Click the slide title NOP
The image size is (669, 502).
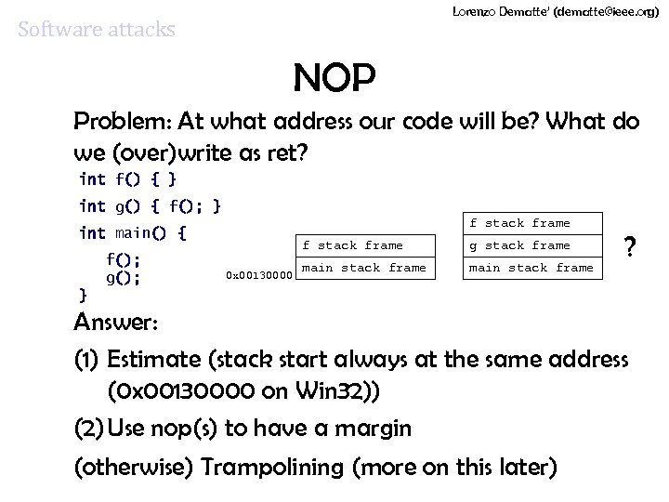334,80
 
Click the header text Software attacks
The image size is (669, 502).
97,30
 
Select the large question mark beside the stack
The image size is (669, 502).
630,248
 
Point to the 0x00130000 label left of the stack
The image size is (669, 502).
260,274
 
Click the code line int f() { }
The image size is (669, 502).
128,178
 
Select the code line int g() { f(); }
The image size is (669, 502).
150,205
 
